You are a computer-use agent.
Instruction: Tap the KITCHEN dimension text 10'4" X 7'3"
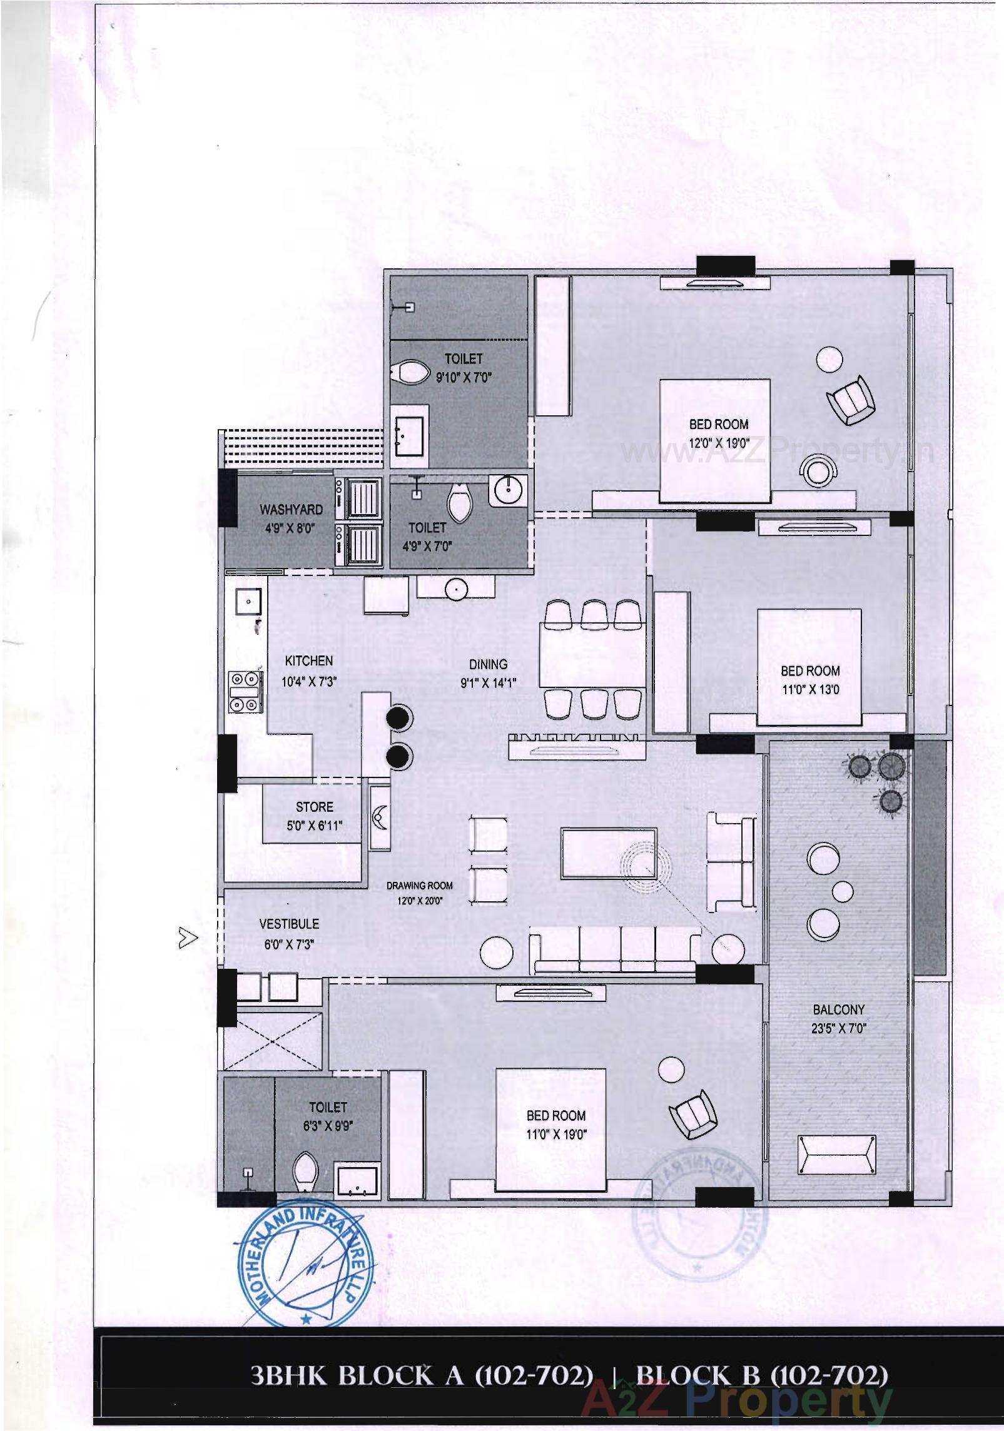(x=309, y=682)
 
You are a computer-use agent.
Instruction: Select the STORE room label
(x=314, y=807)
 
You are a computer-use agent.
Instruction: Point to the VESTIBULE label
(x=288, y=924)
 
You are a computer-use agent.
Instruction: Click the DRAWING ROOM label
(x=419, y=886)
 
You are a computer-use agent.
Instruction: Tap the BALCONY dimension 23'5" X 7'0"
(x=838, y=1028)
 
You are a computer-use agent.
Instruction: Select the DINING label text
(x=489, y=664)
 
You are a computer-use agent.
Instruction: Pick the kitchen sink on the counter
(x=248, y=602)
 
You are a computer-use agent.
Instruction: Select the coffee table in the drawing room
(x=609, y=853)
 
